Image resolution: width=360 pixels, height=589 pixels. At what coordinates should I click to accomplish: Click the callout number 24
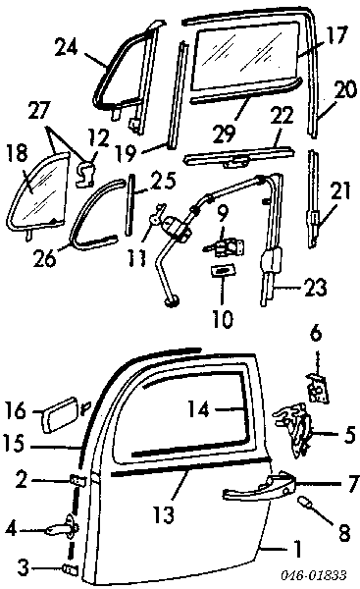click(66, 48)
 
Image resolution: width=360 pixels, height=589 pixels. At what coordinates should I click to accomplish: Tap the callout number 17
click(334, 36)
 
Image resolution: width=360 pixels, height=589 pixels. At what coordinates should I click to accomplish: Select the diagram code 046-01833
click(314, 575)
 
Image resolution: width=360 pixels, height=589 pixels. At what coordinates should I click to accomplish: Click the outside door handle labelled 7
click(259, 486)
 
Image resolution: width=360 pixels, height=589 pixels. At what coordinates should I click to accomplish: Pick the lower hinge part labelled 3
click(72, 570)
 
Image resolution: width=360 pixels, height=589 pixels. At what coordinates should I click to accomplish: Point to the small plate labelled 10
click(222, 270)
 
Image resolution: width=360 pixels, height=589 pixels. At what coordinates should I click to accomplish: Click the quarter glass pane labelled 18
click(38, 192)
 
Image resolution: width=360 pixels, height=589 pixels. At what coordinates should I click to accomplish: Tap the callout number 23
click(315, 288)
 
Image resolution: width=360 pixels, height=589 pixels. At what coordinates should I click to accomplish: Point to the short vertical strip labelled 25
click(129, 204)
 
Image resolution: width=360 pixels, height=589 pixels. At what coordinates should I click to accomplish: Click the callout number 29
click(224, 133)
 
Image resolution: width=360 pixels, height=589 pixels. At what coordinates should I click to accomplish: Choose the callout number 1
click(297, 549)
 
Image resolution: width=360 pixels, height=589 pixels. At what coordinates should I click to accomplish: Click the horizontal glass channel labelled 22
click(238, 158)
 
